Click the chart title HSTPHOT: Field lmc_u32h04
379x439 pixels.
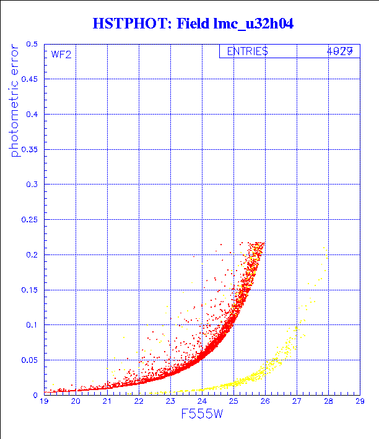point(192,24)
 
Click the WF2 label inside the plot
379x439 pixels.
point(61,54)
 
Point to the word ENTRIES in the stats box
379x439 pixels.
point(247,51)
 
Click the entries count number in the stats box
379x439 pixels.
point(340,51)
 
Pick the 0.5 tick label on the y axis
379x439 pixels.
point(32,45)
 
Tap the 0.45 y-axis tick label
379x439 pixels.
point(30,79)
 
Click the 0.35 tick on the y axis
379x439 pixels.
point(30,149)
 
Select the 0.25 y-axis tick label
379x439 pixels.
point(30,220)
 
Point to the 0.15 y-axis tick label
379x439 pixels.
point(30,290)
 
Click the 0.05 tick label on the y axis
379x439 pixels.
point(30,360)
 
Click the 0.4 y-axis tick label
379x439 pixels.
point(32,115)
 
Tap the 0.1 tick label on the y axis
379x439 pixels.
point(32,324)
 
